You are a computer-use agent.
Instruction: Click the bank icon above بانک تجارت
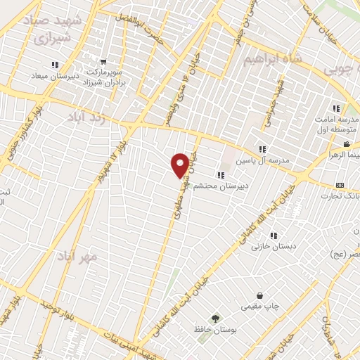coord(340,185)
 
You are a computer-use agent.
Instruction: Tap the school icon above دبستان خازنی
coord(274,236)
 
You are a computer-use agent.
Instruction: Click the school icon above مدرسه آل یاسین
coord(262,149)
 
